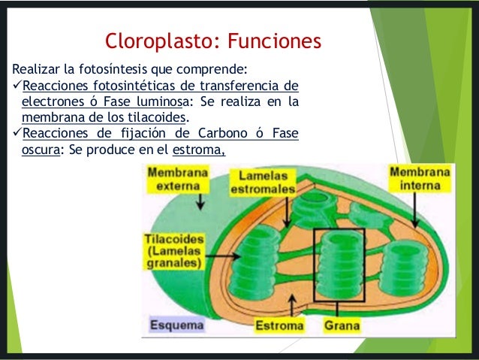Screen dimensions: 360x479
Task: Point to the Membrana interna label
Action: [420, 178]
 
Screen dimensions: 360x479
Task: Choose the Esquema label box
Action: [176, 326]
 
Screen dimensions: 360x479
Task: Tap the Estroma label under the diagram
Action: [279, 326]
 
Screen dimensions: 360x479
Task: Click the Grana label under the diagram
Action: [342, 326]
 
